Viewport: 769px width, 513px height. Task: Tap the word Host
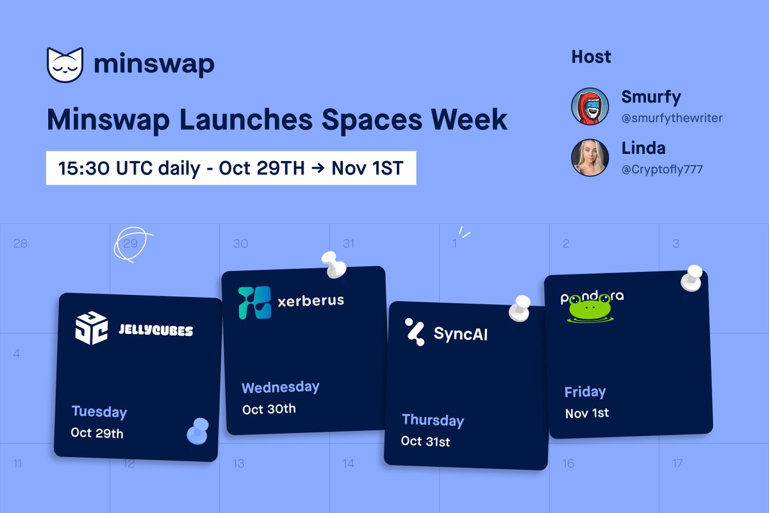pyautogui.click(x=591, y=57)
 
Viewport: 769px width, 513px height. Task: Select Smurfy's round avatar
pyautogui.click(x=590, y=106)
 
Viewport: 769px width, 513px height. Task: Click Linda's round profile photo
pyautogui.click(x=590, y=157)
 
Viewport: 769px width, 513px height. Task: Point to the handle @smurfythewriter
pyautogui.click(x=672, y=119)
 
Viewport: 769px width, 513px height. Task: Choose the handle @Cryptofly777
pyautogui.click(x=662, y=169)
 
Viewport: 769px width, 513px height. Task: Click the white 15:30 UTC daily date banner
pyautogui.click(x=231, y=168)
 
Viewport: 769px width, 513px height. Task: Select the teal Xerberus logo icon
pyautogui.click(x=254, y=303)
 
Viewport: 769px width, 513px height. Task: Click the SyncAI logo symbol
pyautogui.click(x=415, y=332)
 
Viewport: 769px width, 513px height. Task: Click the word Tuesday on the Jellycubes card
pyautogui.click(x=99, y=412)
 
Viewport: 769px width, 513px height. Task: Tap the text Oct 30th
pyautogui.click(x=269, y=408)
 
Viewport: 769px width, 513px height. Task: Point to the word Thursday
pyautogui.click(x=433, y=421)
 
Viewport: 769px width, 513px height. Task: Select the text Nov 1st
pyautogui.click(x=587, y=413)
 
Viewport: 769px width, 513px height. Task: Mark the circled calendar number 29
pyautogui.click(x=131, y=244)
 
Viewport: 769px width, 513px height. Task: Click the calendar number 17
pyautogui.click(x=677, y=463)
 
